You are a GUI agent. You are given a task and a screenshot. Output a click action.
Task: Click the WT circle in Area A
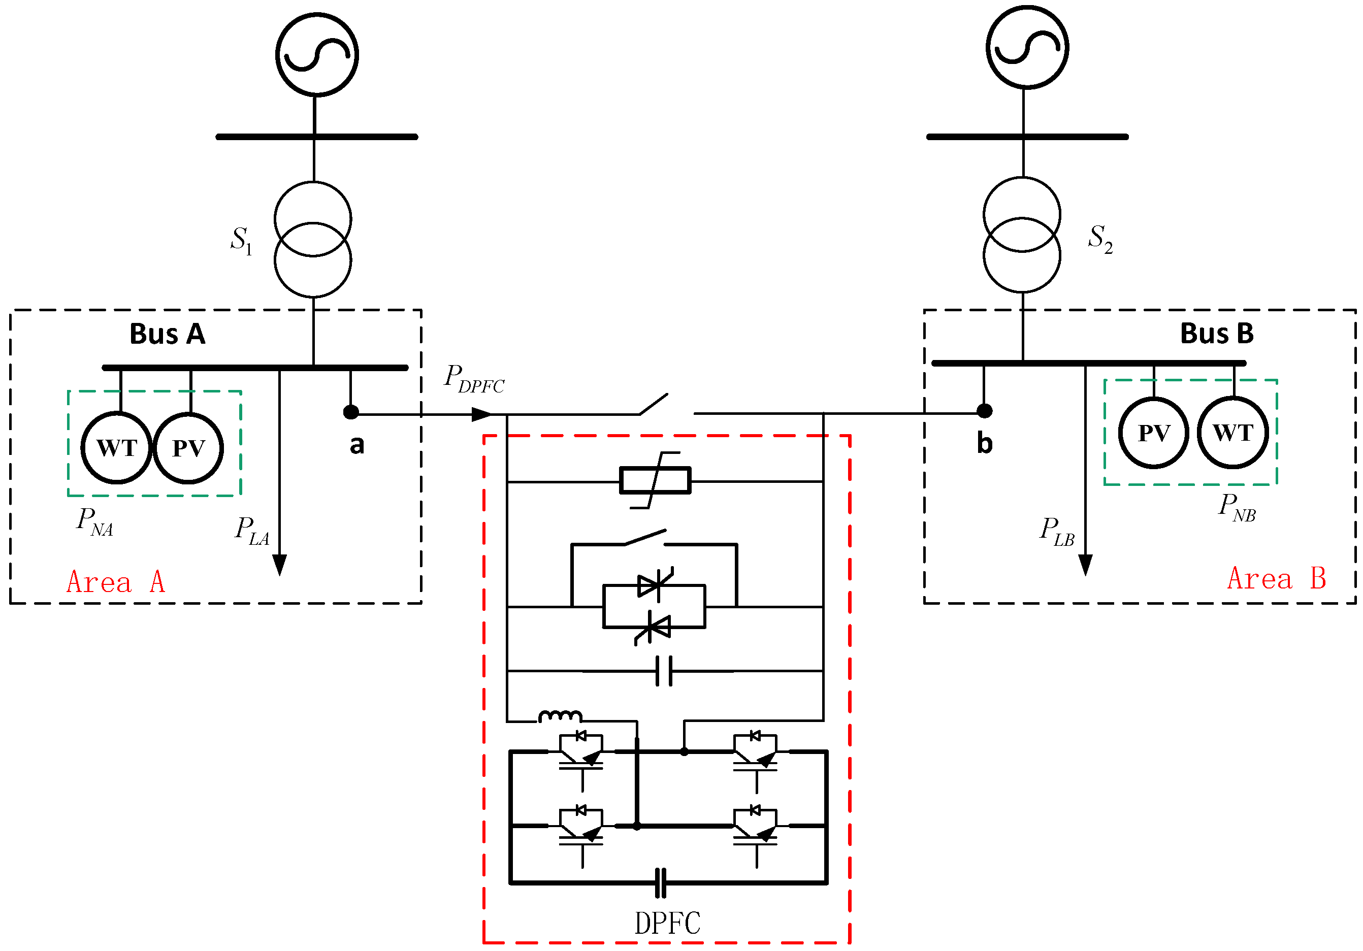click(116, 448)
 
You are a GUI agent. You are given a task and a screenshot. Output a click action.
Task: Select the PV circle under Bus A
click(188, 448)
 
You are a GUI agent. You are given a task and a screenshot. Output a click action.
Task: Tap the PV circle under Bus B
click(1153, 433)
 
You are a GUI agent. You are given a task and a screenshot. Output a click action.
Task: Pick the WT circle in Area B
click(1232, 433)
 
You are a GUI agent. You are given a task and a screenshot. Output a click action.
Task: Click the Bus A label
click(168, 334)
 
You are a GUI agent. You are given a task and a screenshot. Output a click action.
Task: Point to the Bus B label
click(1216, 333)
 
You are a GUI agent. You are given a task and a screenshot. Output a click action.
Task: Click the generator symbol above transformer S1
click(317, 55)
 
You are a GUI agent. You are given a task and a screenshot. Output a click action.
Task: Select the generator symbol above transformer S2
click(1027, 48)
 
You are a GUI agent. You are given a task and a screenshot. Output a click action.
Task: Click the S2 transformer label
click(1099, 239)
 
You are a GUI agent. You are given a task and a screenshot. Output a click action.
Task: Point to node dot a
click(351, 412)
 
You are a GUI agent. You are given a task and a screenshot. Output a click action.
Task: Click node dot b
click(984, 411)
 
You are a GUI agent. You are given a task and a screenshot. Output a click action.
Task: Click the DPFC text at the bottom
click(667, 924)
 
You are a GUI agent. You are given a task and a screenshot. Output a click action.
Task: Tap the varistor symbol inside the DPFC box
click(655, 480)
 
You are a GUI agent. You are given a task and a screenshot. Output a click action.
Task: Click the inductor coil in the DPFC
click(560, 716)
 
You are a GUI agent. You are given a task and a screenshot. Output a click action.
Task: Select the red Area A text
click(115, 582)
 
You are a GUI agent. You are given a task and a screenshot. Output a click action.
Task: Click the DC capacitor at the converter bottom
click(661, 883)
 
